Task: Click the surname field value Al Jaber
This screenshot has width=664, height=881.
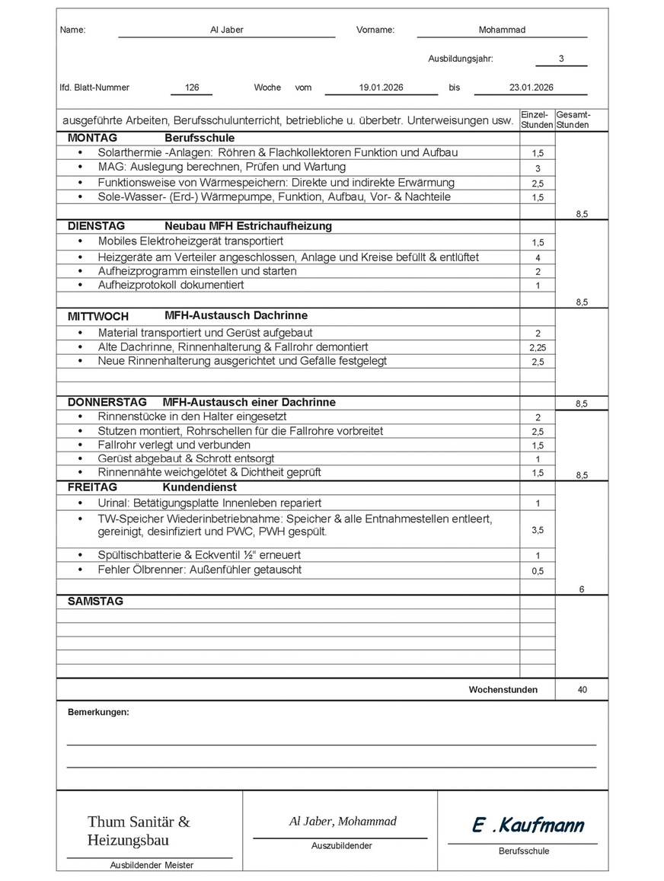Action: point(226,30)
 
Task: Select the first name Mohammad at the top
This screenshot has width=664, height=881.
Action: point(502,30)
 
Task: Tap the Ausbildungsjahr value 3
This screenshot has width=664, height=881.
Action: point(561,59)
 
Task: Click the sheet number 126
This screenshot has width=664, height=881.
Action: point(192,88)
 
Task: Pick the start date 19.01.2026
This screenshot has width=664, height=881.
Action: point(381,88)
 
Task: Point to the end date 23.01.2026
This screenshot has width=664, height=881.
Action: point(531,88)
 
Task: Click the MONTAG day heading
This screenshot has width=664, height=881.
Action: point(92,139)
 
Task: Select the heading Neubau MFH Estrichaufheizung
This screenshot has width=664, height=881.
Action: point(247,226)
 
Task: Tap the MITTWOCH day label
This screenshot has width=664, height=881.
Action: point(98,316)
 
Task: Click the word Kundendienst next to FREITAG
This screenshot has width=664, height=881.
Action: point(199,487)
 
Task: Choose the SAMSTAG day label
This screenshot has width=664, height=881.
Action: point(95,601)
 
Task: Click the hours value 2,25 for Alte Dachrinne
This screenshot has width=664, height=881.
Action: point(538,347)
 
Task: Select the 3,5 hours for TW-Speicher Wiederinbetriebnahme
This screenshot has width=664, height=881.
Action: point(538,530)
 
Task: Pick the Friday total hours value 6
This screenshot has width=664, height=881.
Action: point(582,589)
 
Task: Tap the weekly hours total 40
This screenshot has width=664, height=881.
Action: point(583,690)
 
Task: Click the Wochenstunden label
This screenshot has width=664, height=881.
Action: point(503,690)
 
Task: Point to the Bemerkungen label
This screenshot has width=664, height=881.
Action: point(98,712)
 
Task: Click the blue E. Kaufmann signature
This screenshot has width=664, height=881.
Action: point(528,825)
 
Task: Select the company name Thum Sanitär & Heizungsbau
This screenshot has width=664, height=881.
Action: point(139,831)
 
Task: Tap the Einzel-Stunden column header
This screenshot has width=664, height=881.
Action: point(537,120)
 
